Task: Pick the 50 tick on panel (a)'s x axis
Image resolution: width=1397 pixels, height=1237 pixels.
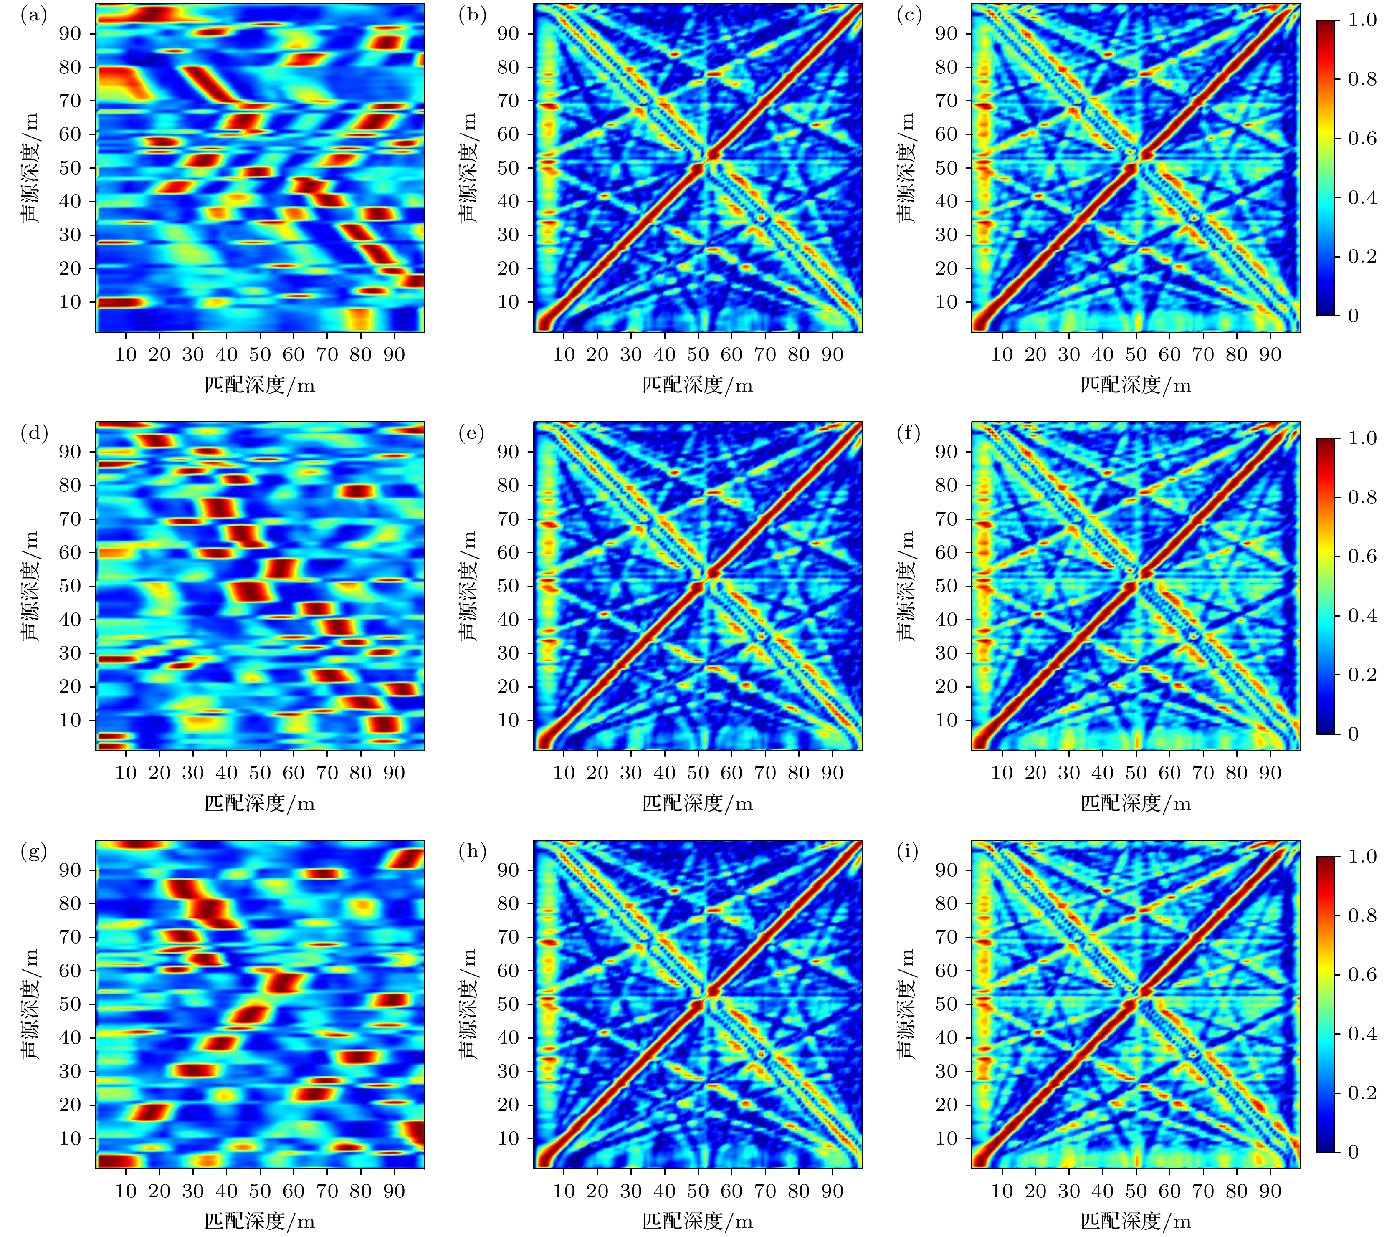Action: click(260, 355)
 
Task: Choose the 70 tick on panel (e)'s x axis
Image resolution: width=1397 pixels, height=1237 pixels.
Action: click(765, 773)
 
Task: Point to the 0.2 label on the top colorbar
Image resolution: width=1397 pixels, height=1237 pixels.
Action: click(1362, 256)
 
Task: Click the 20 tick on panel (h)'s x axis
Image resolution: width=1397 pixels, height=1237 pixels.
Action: click(597, 1191)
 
